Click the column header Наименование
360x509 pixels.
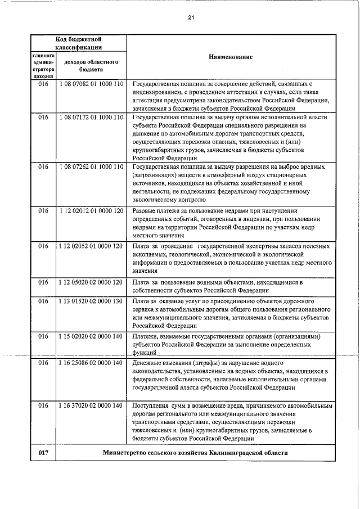tap(231, 57)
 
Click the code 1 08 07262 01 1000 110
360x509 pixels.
tap(91, 167)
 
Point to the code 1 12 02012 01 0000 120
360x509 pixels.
tap(91, 211)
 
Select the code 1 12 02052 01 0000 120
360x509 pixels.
tap(91, 246)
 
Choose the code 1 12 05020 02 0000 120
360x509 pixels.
tap(91, 282)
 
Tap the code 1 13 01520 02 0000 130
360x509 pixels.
tap(91, 301)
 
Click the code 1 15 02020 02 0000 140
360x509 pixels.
tap(91, 336)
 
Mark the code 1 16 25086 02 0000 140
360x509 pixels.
tap(91, 363)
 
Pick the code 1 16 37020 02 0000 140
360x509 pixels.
tap(91, 405)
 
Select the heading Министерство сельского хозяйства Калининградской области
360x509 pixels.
tap(195, 453)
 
